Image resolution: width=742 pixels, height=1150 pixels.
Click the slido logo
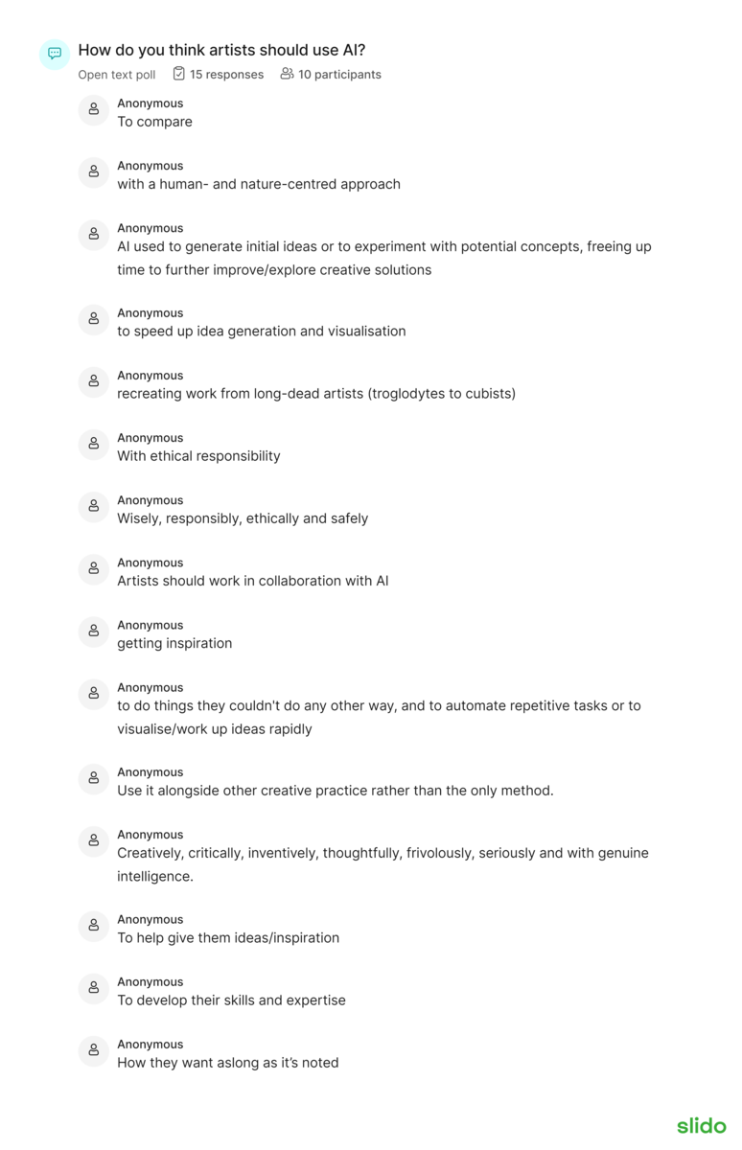(x=701, y=1125)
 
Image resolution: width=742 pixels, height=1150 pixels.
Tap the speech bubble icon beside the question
(x=55, y=54)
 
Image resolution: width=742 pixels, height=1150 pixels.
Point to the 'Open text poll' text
(x=117, y=75)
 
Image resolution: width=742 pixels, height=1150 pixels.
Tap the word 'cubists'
(x=487, y=394)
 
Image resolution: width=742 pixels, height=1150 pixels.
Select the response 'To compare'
(x=154, y=122)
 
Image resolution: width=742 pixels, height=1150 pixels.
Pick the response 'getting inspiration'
(x=174, y=644)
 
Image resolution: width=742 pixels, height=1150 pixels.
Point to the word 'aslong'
(x=228, y=1063)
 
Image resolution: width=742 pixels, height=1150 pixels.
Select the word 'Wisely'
(x=140, y=518)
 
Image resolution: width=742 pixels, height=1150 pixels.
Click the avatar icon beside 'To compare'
(x=94, y=110)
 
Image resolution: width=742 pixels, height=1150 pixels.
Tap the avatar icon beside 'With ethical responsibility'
(x=94, y=445)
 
